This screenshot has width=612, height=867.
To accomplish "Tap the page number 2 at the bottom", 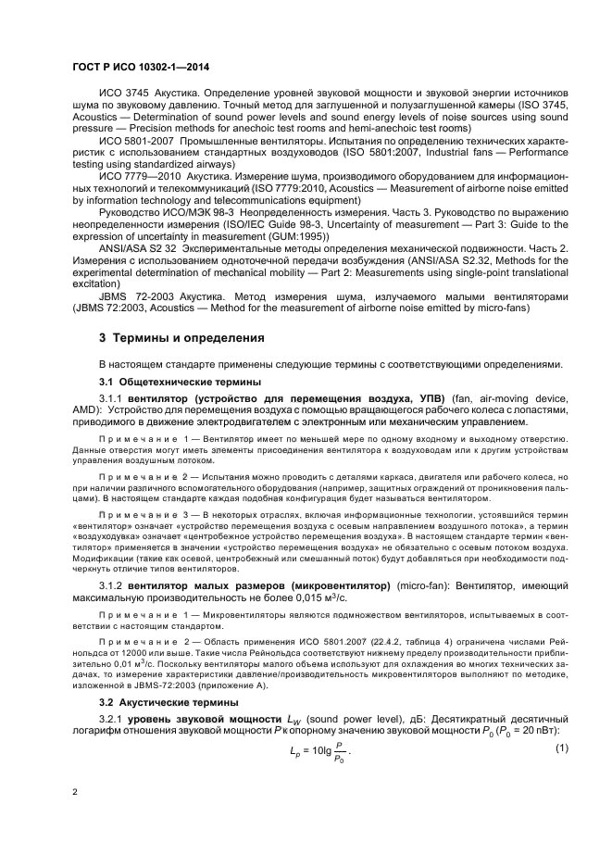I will coord(75,792).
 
